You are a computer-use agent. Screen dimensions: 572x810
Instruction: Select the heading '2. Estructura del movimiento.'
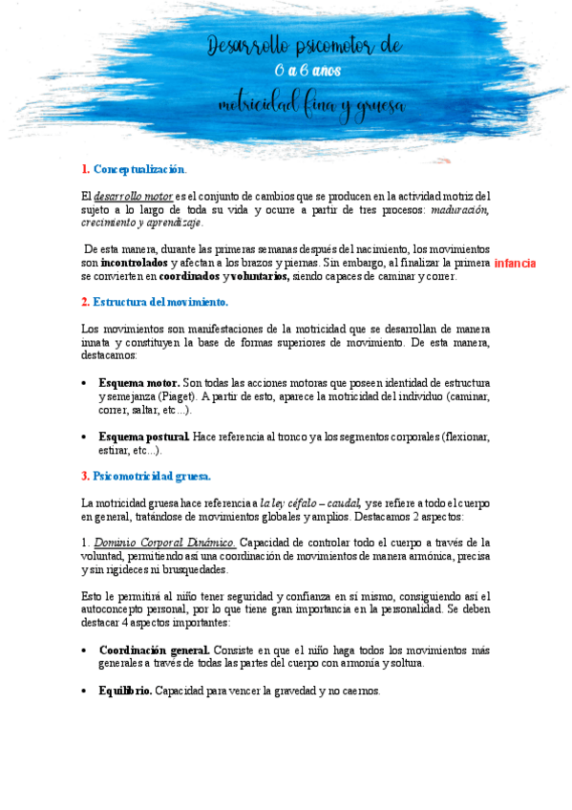[155, 302]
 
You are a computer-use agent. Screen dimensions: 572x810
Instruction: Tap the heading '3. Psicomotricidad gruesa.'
[146, 476]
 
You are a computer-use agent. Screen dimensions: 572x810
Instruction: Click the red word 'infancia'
[515, 263]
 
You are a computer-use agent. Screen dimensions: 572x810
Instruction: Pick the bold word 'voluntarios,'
[260, 276]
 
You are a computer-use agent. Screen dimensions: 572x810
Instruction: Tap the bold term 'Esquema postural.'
[144, 437]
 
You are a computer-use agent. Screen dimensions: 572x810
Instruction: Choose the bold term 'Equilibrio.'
[125, 690]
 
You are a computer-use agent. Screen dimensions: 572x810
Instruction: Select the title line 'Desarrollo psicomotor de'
[306, 45]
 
